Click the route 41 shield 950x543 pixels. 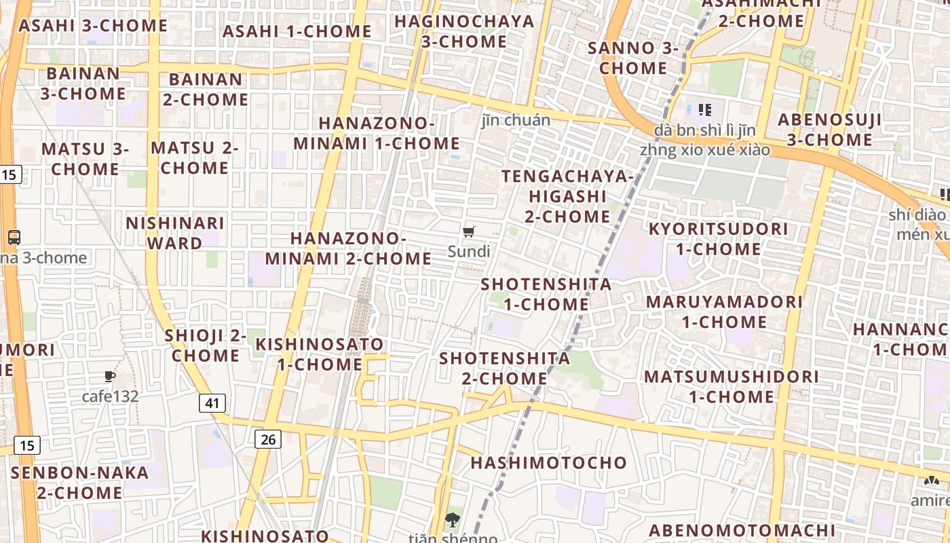[x=212, y=403]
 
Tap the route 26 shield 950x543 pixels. [x=268, y=439]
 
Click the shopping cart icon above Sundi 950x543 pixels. [x=468, y=232]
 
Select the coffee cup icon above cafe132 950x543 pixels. [x=109, y=376]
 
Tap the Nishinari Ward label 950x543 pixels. [x=174, y=233]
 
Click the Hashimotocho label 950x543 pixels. [x=549, y=463]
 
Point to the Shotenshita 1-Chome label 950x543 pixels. [x=546, y=294]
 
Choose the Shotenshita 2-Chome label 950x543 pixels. [x=504, y=368]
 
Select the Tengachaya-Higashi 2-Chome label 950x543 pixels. [x=567, y=196]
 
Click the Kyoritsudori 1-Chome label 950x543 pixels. [x=719, y=239]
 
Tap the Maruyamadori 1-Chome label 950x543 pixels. [x=724, y=312]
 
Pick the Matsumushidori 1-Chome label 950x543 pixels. [x=731, y=386]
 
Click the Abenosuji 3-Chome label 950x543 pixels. [x=830, y=130]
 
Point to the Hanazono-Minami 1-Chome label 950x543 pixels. [x=377, y=133]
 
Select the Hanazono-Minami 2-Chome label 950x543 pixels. [x=348, y=248]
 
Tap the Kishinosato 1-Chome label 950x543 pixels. [x=320, y=354]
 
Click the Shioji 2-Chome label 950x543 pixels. [x=206, y=345]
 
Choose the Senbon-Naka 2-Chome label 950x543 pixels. [x=79, y=483]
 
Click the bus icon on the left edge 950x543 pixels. [x=14, y=237]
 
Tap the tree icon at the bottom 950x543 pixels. [x=451, y=521]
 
